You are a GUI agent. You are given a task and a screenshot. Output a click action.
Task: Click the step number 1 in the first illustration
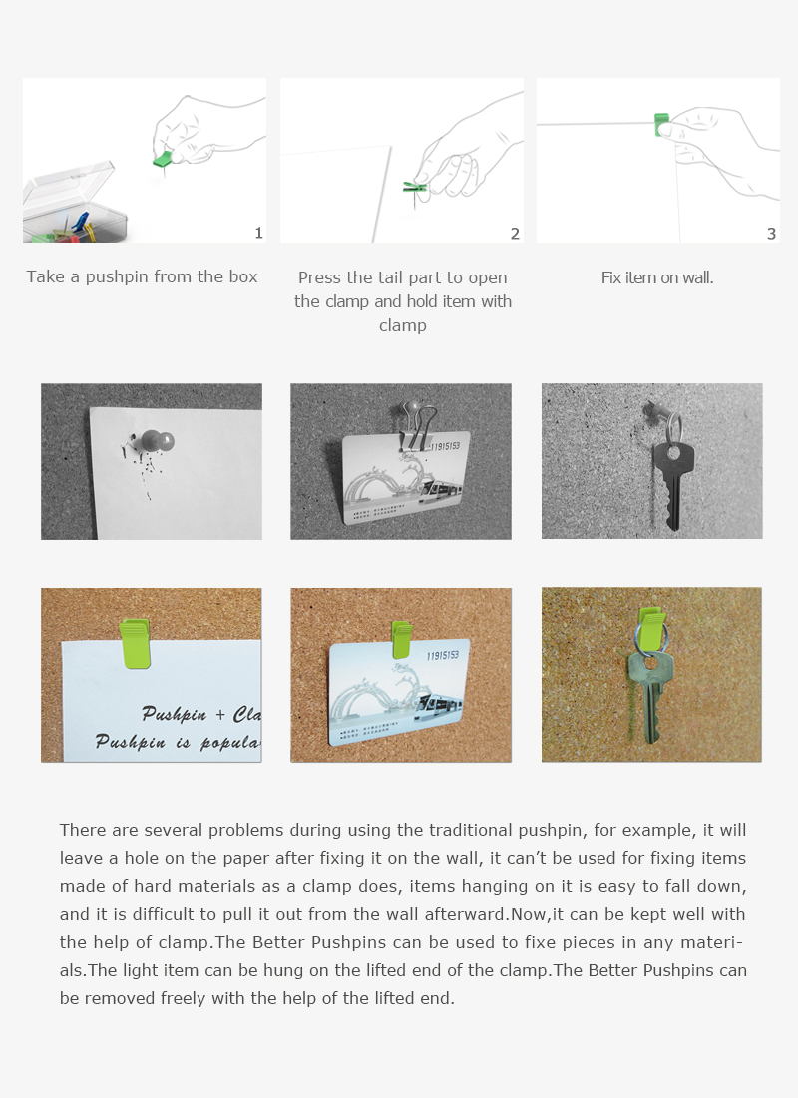pyautogui.click(x=259, y=233)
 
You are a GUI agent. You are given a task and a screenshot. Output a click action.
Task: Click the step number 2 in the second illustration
pyautogui.click(x=515, y=234)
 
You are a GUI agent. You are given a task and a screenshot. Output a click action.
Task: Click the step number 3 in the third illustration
pyautogui.click(x=771, y=234)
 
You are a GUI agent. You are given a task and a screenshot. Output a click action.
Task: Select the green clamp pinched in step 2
pyautogui.click(x=415, y=186)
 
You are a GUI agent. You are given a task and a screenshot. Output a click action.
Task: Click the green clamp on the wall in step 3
pyautogui.click(x=660, y=125)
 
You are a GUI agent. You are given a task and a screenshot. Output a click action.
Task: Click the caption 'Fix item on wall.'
pyautogui.click(x=657, y=277)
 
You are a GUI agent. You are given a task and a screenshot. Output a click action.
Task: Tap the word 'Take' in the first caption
pyautogui.click(x=46, y=276)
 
